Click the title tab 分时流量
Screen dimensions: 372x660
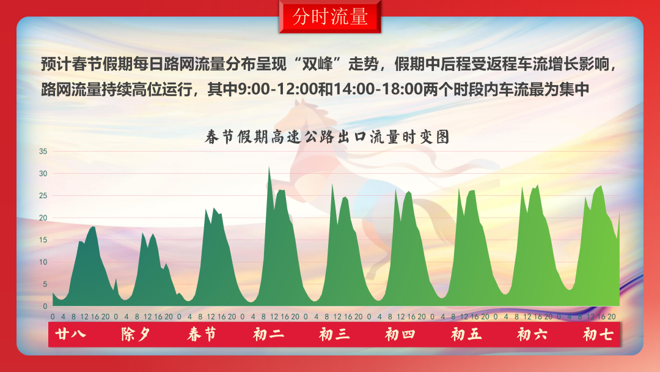click(x=330, y=17)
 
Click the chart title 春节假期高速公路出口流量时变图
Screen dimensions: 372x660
click(x=328, y=137)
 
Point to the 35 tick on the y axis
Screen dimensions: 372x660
click(x=43, y=151)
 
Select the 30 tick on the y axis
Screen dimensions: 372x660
click(x=43, y=173)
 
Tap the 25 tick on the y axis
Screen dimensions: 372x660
click(x=43, y=196)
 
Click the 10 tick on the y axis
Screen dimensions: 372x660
click(x=43, y=262)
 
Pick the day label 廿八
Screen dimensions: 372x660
click(x=70, y=335)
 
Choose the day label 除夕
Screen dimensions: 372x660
click(x=136, y=335)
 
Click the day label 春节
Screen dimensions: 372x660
click(x=202, y=335)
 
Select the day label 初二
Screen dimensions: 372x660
click(x=268, y=335)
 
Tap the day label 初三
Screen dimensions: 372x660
click(x=334, y=335)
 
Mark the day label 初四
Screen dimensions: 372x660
click(x=400, y=335)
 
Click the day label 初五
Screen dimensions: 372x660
click(x=466, y=335)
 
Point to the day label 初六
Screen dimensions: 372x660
click(x=532, y=335)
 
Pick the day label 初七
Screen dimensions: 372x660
click(x=598, y=335)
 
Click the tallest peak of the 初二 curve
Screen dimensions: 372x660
click(x=269, y=167)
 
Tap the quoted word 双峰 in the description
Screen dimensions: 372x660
click(x=321, y=64)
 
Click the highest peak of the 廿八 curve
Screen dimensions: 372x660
click(x=93, y=227)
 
